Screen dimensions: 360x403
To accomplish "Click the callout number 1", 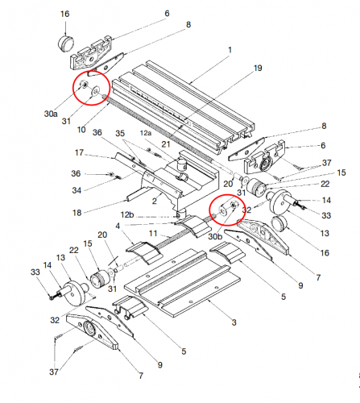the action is click(x=230, y=50).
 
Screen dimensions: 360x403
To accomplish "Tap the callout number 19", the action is click(x=258, y=69).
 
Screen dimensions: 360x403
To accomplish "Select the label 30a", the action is click(x=51, y=114).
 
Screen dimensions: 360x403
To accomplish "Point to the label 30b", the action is click(x=215, y=237).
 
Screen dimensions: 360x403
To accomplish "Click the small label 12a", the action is click(x=146, y=133).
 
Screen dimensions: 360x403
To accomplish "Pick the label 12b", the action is click(x=127, y=215).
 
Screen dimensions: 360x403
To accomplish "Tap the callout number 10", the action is click(x=81, y=130).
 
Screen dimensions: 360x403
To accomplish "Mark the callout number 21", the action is click(x=166, y=144).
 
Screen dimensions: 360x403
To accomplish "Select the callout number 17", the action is click(x=79, y=152).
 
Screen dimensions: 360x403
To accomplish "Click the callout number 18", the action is click(x=77, y=213).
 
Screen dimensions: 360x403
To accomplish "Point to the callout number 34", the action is click(x=77, y=190).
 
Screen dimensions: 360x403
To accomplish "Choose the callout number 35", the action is click(x=120, y=133).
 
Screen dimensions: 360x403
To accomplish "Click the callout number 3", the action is click(x=234, y=322).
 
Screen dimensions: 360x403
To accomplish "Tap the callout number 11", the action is click(x=153, y=233).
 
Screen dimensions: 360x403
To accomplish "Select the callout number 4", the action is click(x=118, y=226).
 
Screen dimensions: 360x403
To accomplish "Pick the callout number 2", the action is click(x=154, y=201).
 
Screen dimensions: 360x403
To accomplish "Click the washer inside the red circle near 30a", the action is click(x=95, y=90).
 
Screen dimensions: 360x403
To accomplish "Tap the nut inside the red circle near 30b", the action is click(x=233, y=205).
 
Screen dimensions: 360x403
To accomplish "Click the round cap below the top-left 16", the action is click(x=66, y=44).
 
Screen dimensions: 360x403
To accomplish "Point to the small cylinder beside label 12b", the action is click(x=180, y=214).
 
